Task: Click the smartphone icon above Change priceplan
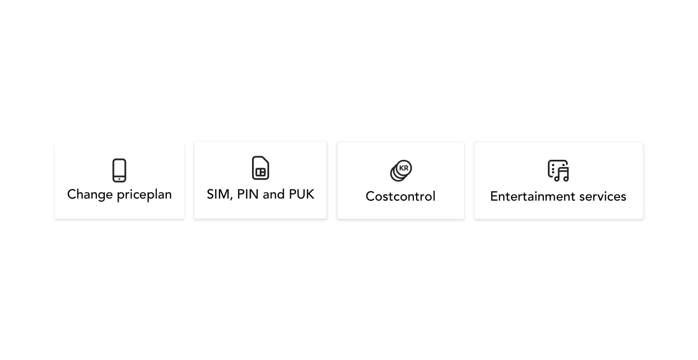(x=119, y=170)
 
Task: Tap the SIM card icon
(x=260, y=168)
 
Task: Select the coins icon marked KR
(x=401, y=171)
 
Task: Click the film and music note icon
(x=558, y=171)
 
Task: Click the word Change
(x=90, y=195)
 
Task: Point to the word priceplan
(x=144, y=195)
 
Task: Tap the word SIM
(x=219, y=194)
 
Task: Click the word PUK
(x=302, y=194)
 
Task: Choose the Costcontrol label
(x=401, y=197)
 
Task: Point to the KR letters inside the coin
(x=404, y=168)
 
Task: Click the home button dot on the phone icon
(x=119, y=179)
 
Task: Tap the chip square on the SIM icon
(x=260, y=172)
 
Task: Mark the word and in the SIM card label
(x=274, y=194)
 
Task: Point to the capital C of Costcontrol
(x=371, y=197)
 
